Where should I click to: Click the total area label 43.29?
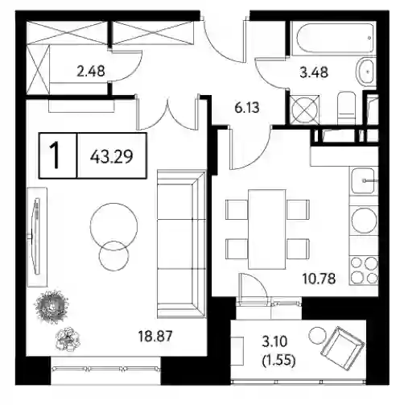click(112, 156)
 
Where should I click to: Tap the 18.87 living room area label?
click(155, 336)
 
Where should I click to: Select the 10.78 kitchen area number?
click(319, 279)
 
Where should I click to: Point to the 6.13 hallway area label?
click(247, 108)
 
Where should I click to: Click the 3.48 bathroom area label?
click(314, 72)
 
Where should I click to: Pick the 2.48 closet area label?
click(91, 72)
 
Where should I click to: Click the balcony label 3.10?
click(274, 341)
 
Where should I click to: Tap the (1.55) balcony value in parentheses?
click(278, 361)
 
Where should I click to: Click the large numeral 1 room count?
click(55, 155)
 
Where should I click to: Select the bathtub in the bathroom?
click(334, 39)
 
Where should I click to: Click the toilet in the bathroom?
click(347, 108)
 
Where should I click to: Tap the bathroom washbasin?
click(366, 72)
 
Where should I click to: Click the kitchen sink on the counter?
click(363, 180)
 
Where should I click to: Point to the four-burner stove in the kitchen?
click(365, 270)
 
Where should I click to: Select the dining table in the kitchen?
click(266, 229)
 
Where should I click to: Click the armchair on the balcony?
click(343, 348)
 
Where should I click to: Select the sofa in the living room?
click(181, 244)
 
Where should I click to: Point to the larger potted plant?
click(52, 307)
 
